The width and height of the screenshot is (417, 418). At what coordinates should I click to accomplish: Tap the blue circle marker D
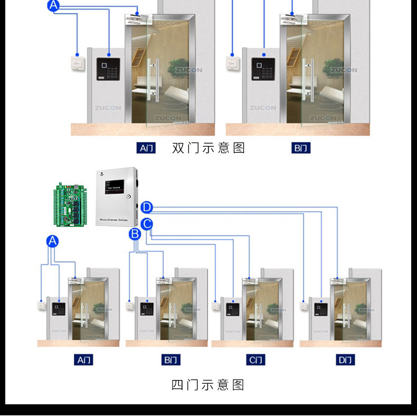147,207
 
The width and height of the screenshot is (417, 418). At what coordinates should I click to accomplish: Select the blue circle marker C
147,224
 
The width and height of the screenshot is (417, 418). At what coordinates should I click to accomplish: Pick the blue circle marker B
135,233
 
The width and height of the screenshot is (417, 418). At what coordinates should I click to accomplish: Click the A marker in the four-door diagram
52,242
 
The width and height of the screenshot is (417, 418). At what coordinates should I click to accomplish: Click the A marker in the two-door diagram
54,6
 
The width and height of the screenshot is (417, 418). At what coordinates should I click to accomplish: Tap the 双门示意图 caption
209,148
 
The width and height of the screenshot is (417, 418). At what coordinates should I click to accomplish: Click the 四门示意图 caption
208,385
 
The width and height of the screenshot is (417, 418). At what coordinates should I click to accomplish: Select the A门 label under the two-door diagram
146,148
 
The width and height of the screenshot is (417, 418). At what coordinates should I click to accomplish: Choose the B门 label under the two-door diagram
301,148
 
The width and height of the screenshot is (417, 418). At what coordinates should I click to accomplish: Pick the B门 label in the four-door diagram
171,360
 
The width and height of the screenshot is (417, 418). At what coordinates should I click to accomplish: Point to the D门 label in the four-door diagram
345,360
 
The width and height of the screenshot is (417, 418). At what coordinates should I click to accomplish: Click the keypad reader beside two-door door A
108,69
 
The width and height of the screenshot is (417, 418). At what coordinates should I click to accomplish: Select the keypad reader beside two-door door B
263,69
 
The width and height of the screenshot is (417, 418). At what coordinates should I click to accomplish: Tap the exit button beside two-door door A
78,63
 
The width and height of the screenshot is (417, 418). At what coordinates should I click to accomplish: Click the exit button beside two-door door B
233,63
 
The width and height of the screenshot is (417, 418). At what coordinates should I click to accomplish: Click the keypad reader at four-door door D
321,310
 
